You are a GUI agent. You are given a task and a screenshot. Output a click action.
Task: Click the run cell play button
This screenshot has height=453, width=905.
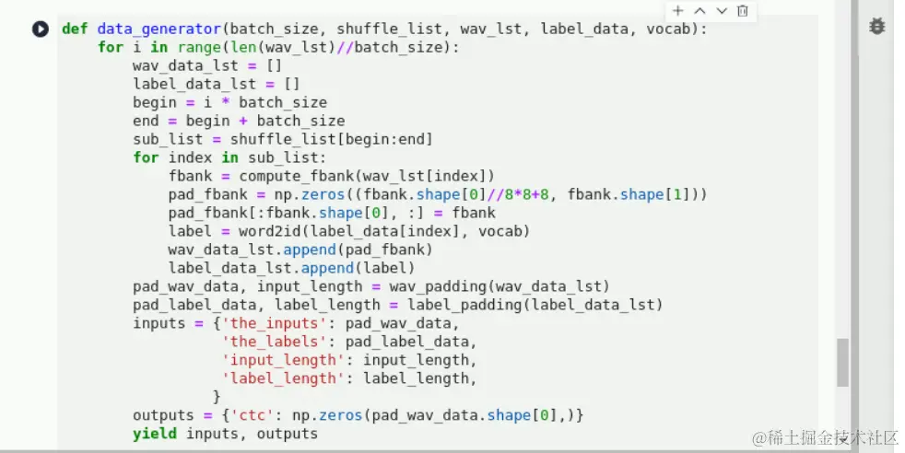40,29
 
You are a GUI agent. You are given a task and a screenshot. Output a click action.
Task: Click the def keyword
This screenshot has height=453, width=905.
75,29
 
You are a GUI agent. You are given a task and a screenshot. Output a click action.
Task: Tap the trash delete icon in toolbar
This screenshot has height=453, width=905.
743,11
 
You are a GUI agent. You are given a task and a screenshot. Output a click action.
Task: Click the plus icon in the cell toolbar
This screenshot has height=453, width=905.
678,11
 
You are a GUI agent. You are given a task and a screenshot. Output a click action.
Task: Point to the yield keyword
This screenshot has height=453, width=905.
154,434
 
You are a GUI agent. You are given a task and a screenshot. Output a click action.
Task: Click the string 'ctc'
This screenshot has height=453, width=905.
243,415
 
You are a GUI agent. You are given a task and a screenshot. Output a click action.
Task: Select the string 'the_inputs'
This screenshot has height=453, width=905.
270,323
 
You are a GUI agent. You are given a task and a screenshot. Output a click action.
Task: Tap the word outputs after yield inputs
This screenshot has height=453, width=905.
288,434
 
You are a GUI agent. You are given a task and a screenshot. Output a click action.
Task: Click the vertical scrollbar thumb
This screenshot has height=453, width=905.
842,362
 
